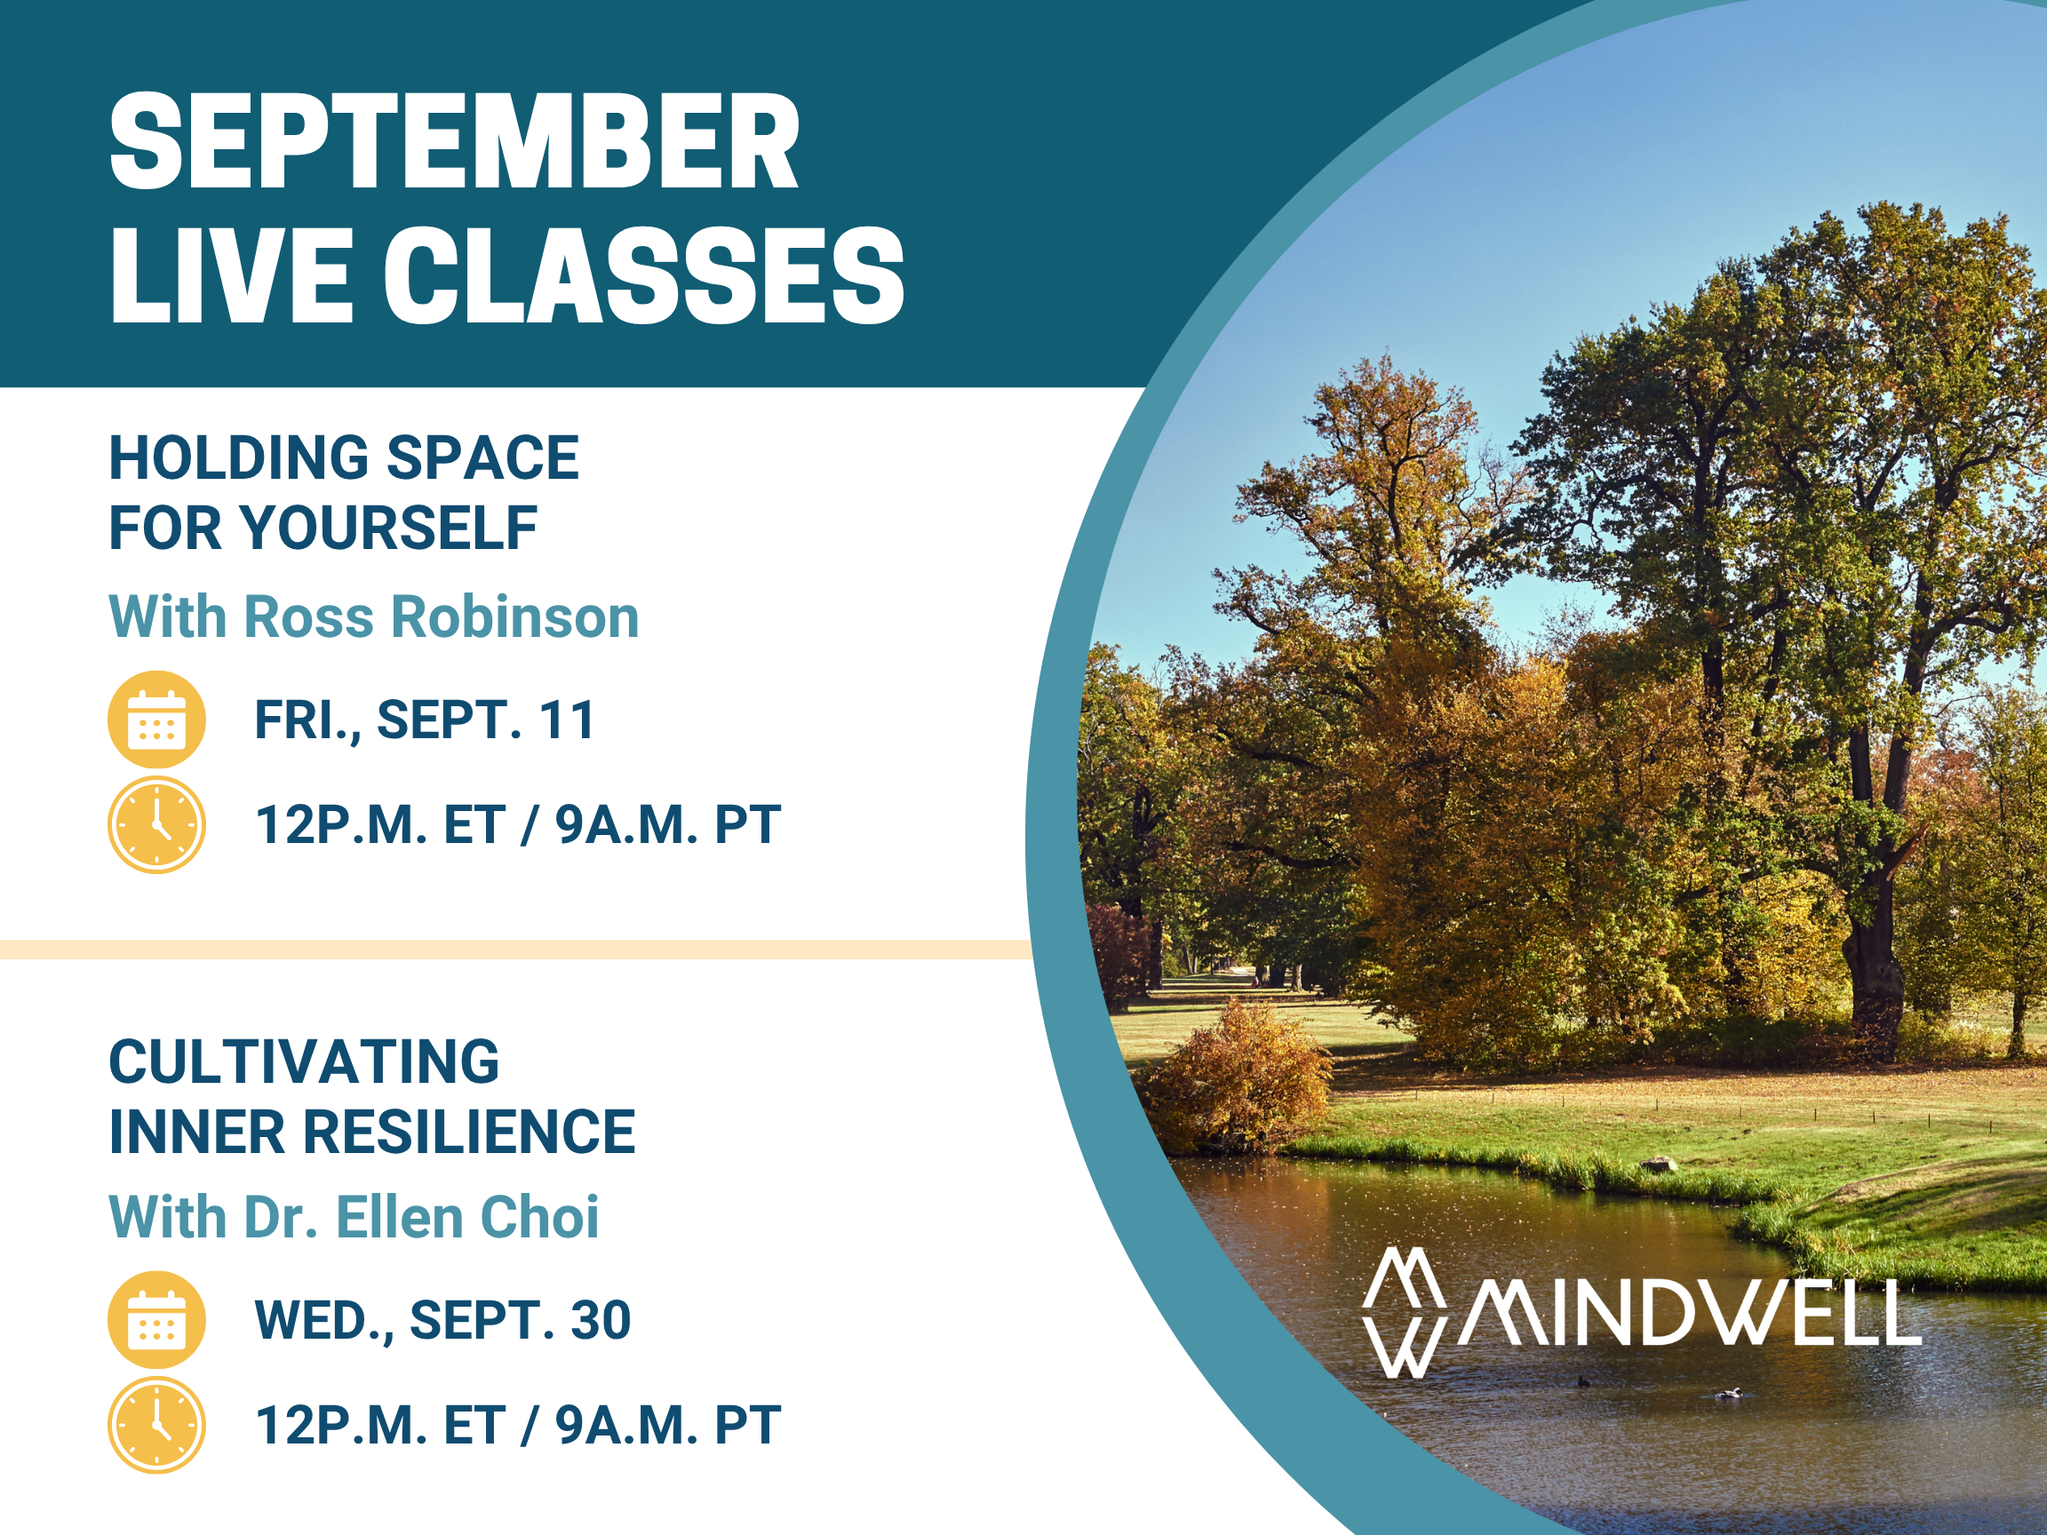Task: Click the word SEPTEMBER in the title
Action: coord(454,140)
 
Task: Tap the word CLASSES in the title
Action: coord(644,275)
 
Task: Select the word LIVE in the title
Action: coord(230,275)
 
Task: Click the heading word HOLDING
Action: coord(238,458)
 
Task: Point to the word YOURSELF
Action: coord(390,529)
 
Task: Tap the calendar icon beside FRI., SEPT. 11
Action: coord(156,720)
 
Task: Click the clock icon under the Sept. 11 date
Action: coord(156,824)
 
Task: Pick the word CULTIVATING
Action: coord(305,1062)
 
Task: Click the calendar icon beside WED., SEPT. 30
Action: coord(156,1320)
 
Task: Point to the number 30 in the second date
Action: coord(601,1320)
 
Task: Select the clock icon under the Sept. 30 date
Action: coord(156,1425)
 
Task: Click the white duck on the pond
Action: coord(1729,1394)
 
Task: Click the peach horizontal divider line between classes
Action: coord(515,950)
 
